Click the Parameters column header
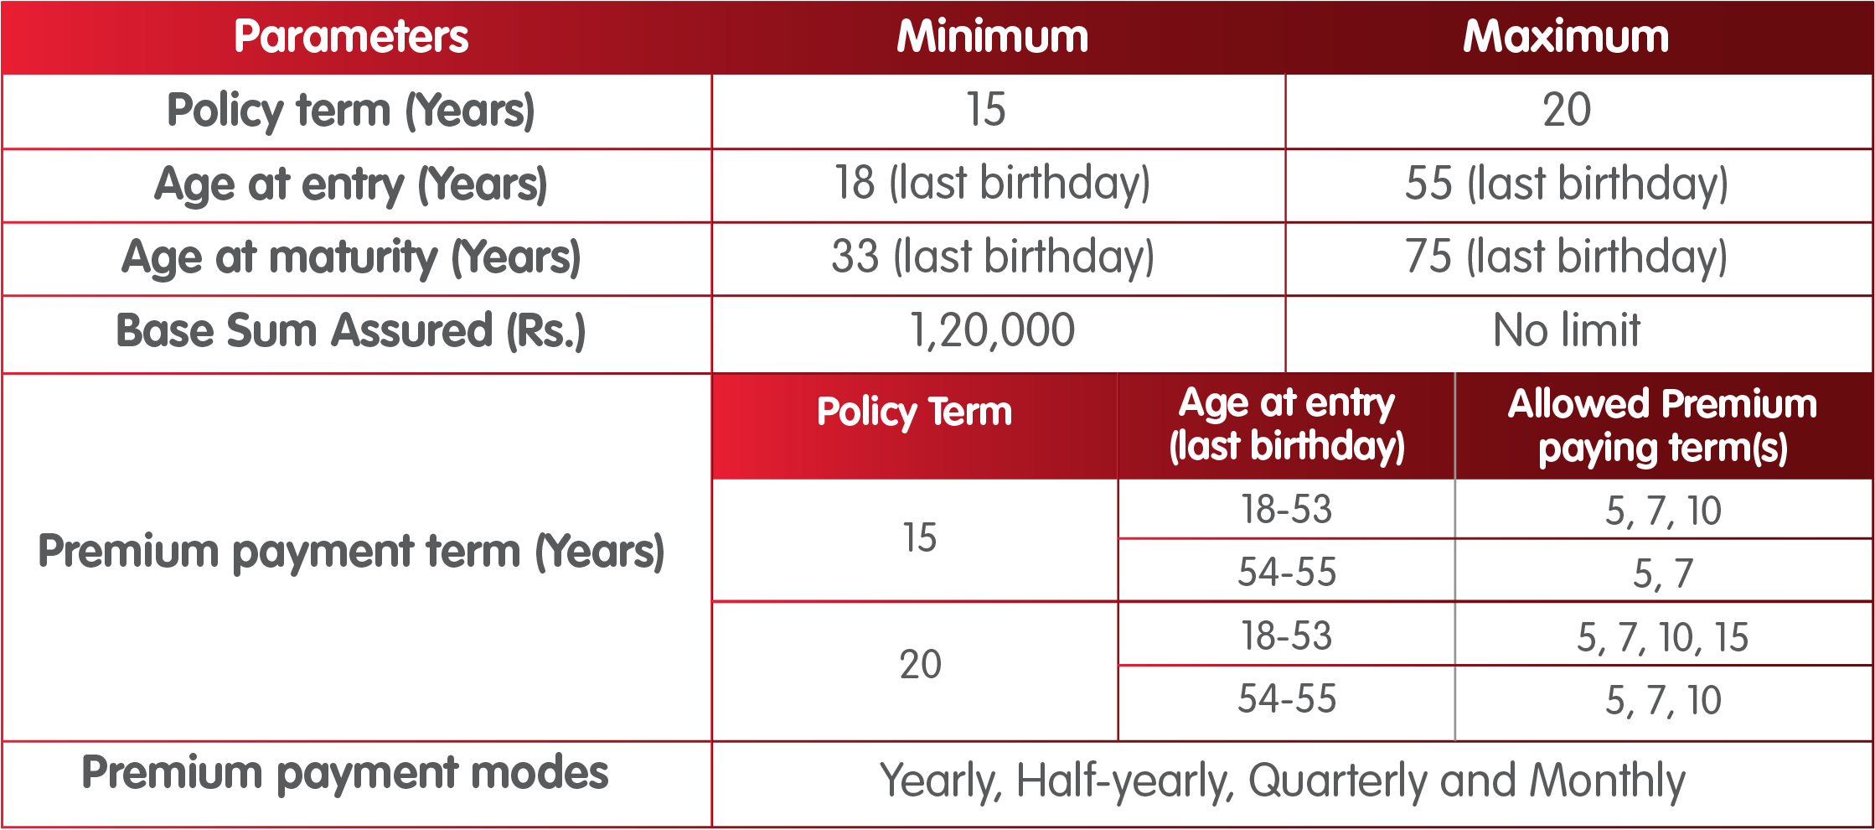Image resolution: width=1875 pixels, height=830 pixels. point(351,37)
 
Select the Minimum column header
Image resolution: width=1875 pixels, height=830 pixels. point(993,37)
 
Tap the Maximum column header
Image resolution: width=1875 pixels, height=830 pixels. point(1566,37)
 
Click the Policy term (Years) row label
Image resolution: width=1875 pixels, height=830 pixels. point(351,111)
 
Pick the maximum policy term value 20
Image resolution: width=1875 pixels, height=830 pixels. point(1567,110)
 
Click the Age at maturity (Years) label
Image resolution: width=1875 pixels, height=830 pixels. point(351,257)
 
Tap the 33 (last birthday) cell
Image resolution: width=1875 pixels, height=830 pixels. point(993,257)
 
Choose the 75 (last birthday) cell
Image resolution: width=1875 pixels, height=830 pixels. point(1567,257)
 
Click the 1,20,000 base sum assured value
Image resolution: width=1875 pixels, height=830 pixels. point(993,330)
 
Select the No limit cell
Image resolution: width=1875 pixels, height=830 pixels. point(1567,330)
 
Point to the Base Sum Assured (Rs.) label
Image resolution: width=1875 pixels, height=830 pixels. point(351,330)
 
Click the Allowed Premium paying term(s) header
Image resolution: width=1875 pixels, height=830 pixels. point(1663,426)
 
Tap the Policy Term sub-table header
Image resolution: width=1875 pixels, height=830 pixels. point(914,412)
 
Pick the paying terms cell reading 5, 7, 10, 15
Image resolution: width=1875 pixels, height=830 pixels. point(1663,637)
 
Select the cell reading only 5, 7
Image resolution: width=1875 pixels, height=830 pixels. point(1663,574)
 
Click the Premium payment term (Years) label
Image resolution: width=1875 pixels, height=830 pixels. point(351,552)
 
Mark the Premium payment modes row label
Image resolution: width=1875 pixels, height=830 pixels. point(345,774)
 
